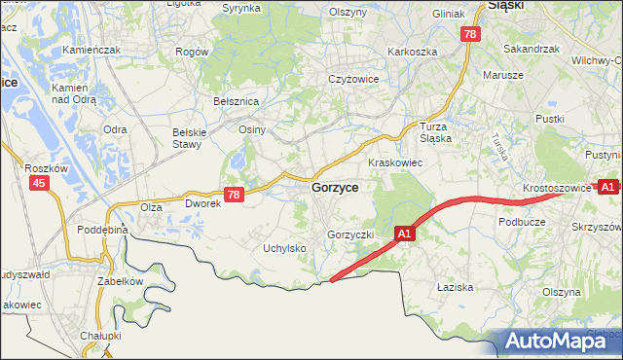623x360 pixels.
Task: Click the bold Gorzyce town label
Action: (335, 187)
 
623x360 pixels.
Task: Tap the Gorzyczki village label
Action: (350, 235)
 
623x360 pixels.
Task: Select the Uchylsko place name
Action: (285, 248)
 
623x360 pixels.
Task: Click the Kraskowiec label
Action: (394, 162)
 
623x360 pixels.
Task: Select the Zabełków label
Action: (120, 281)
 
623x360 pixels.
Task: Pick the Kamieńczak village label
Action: (91, 49)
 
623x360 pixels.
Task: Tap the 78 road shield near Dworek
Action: (233, 195)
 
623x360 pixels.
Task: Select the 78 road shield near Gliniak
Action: (470, 34)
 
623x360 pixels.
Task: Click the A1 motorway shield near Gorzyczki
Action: (406, 234)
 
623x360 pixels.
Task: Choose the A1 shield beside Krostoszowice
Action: (608, 186)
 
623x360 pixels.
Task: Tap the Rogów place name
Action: (192, 51)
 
